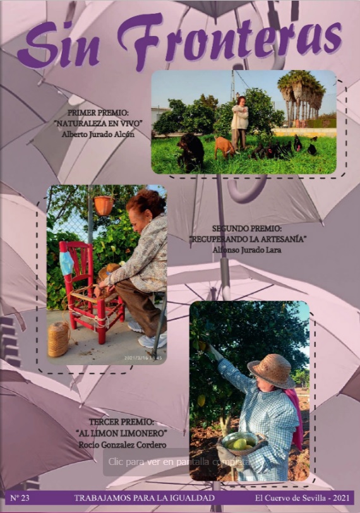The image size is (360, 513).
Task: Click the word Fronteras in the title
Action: click(x=229, y=41)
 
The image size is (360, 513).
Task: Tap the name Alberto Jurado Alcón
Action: click(x=98, y=134)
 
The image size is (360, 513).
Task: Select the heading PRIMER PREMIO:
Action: click(x=98, y=113)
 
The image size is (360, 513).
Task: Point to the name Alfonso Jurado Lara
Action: click(x=247, y=250)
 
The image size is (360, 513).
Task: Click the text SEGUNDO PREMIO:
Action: click(x=247, y=228)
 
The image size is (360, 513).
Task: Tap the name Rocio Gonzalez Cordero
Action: click(x=123, y=445)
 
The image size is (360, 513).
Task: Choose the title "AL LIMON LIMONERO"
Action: click(x=122, y=433)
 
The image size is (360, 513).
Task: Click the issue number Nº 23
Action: click(x=20, y=498)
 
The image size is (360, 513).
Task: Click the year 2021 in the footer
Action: click(x=341, y=498)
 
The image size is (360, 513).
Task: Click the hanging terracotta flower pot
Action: click(x=104, y=205)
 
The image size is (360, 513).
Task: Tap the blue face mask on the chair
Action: click(x=66, y=263)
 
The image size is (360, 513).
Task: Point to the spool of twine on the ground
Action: click(x=59, y=339)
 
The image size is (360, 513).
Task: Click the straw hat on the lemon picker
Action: click(x=272, y=371)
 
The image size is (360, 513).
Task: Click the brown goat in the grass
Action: click(x=225, y=147)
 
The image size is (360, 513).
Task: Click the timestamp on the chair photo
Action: click(x=143, y=358)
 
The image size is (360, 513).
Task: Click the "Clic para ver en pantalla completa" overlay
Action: click(x=179, y=462)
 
